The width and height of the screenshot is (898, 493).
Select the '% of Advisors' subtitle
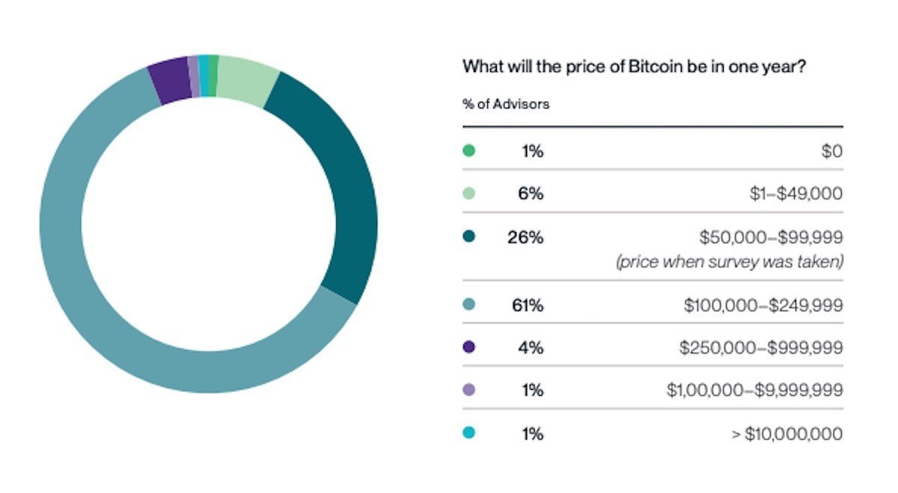pyautogui.click(x=506, y=104)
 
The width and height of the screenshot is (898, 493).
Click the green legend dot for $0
pyautogui.click(x=469, y=151)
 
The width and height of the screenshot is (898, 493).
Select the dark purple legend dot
pyautogui.click(x=469, y=347)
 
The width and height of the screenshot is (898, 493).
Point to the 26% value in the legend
pyautogui.click(x=525, y=238)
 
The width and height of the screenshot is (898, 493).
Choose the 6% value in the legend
pyautogui.click(x=531, y=194)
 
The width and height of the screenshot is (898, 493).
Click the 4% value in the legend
pyautogui.click(x=531, y=347)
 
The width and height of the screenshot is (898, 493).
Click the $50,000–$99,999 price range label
pyautogui.click(x=772, y=238)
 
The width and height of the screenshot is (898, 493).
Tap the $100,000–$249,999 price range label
pyautogui.click(x=763, y=304)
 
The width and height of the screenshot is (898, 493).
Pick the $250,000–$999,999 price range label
pyautogui.click(x=761, y=347)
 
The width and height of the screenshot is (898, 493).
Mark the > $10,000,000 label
pyautogui.click(x=786, y=434)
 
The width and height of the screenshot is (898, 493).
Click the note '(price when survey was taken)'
pyautogui.click(x=730, y=263)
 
